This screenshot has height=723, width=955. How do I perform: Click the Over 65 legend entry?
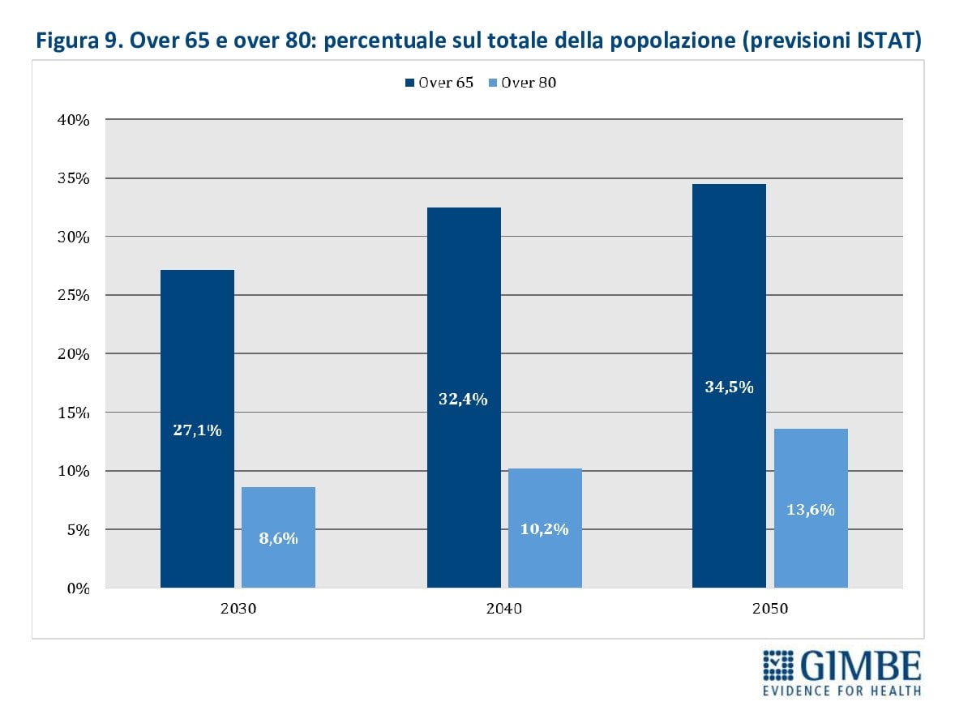pyautogui.click(x=440, y=83)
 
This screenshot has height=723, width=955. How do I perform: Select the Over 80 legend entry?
pyautogui.click(x=523, y=83)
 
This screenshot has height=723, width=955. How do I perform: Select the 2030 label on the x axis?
pyautogui.click(x=238, y=609)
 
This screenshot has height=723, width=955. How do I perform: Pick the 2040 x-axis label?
pyautogui.click(x=504, y=609)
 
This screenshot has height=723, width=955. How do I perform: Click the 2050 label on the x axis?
pyautogui.click(x=770, y=609)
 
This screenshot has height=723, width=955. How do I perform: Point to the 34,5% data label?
pyautogui.click(x=729, y=387)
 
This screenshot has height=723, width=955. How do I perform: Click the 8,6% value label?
pyautogui.click(x=278, y=537)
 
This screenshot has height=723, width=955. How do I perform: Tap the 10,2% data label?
pyautogui.click(x=545, y=529)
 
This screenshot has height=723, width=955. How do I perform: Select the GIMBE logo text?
pyautogui.click(x=861, y=666)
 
